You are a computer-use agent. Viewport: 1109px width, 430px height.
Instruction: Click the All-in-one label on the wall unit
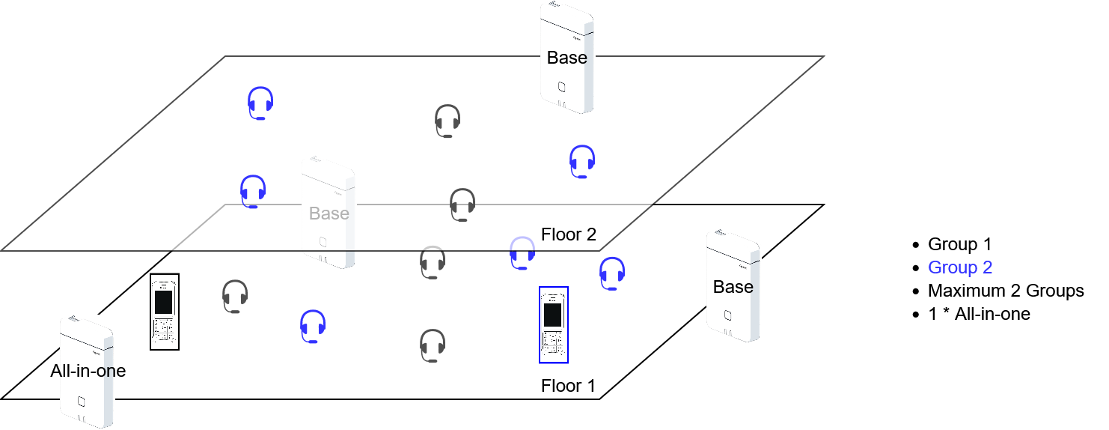88,370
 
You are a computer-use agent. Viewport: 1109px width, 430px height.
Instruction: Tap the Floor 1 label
568,386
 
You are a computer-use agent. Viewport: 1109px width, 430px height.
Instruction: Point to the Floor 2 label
569,234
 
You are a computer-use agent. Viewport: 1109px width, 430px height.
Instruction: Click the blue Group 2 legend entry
960,267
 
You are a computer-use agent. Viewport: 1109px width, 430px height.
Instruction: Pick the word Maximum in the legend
962,291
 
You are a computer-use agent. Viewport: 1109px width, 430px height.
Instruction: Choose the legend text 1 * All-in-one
979,314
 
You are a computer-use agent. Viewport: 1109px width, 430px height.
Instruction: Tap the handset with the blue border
553,324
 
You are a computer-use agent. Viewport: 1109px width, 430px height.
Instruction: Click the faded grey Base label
329,214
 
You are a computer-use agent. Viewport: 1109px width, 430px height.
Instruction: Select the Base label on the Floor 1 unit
733,287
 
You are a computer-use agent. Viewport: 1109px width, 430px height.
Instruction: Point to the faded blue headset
522,252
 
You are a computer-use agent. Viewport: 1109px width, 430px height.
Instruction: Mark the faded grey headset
433,261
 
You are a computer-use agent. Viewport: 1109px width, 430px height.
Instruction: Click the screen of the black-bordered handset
163,302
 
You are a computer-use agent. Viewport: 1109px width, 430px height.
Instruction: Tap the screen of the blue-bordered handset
553,315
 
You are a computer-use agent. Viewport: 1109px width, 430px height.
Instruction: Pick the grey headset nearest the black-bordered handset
235,297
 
